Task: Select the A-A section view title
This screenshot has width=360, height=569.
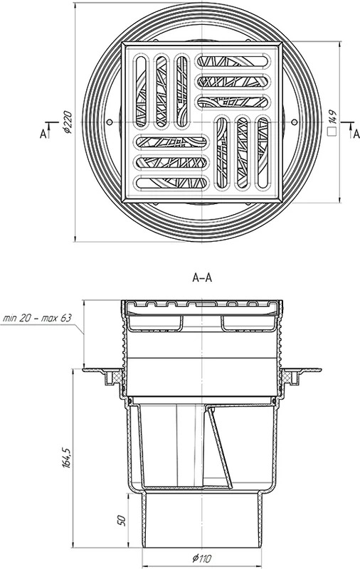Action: coord(202,278)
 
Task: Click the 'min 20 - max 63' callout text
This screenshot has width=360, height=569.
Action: coord(37,318)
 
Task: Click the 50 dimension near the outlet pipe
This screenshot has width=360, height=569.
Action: coord(122,521)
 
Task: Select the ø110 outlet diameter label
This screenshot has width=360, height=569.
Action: coord(202,558)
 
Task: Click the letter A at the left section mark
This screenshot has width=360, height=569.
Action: coord(43,134)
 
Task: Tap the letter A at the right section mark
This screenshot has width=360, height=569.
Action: coord(356,134)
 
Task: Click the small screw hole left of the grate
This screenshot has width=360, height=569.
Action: coord(110,122)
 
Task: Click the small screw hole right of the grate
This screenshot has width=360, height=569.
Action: coord(295,122)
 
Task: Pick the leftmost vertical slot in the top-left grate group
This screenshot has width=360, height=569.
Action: coord(141,91)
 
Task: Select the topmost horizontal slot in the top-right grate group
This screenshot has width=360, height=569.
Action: coord(233,60)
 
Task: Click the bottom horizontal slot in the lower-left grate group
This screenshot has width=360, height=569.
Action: coord(172,183)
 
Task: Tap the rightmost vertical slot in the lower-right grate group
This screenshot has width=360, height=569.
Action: coord(263,152)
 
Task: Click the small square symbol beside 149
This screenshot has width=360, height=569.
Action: coord(332,132)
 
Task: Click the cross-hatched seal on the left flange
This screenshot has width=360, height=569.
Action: coord(117,378)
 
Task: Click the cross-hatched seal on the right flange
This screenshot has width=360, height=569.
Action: coord(287,378)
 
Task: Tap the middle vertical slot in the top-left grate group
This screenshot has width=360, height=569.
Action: coord(162,91)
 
